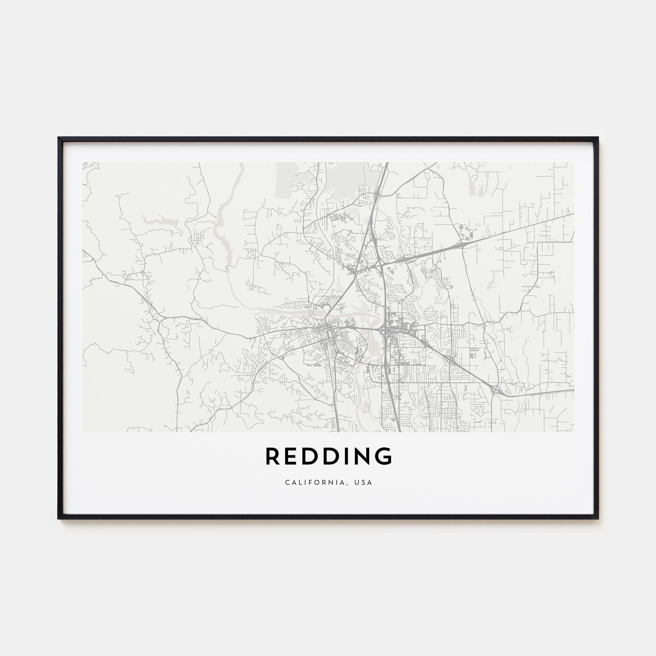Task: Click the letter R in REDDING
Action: coord(272,456)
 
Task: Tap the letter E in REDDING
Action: coord(292,456)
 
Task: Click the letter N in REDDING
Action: coord(364,456)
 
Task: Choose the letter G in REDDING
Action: coord(385,456)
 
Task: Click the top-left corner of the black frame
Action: coord(59,137)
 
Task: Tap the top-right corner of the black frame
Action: coord(598,137)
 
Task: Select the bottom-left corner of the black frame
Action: coord(59,519)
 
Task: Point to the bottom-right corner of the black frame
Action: coord(598,519)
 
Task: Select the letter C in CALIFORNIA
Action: coord(287,482)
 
